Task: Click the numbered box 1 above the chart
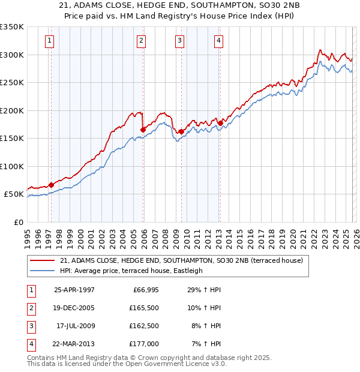point(49,41)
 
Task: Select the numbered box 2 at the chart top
point(141,41)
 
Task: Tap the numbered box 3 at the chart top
point(179,41)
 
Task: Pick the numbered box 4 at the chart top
point(218,41)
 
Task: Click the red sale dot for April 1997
point(51,185)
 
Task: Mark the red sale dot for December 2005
point(143,130)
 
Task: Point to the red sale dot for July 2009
point(181,131)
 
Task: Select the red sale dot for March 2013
point(220,123)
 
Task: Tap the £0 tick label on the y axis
point(17,222)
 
